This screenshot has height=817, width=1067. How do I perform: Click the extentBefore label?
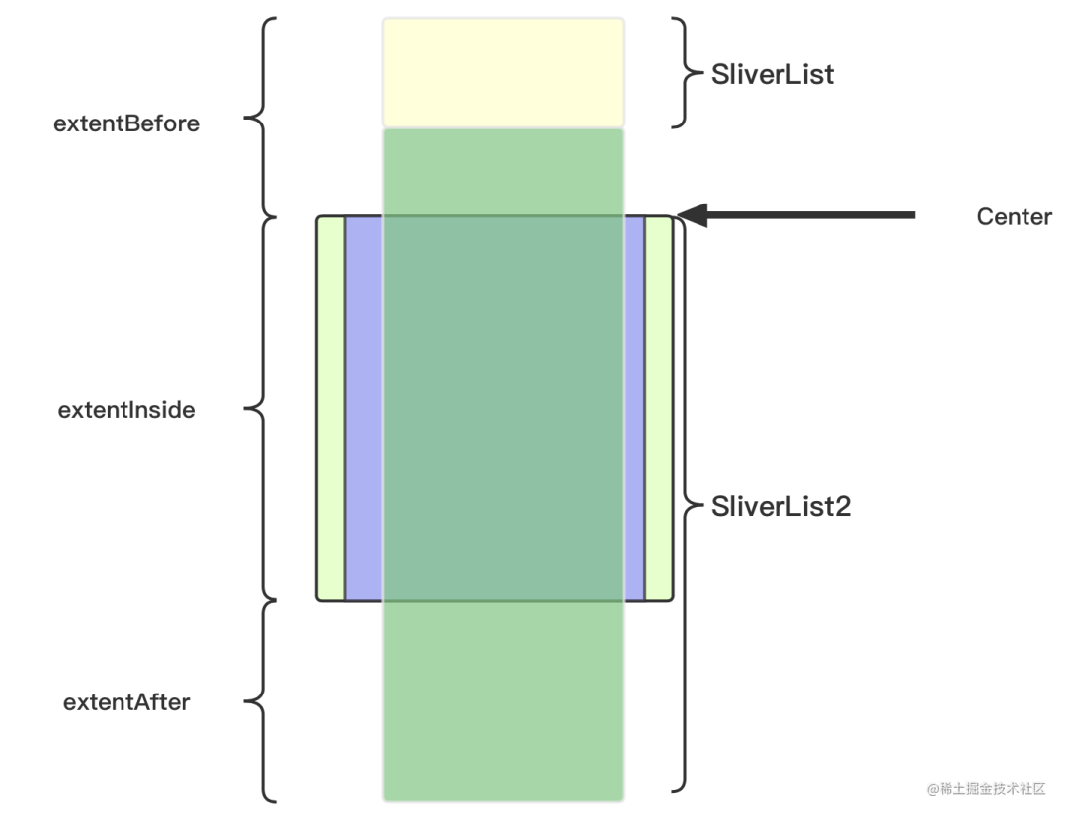(x=126, y=123)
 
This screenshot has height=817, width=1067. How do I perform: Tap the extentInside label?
(x=126, y=410)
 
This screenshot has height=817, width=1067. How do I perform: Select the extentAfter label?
(x=126, y=702)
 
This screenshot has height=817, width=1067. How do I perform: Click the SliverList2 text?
(x=780, y=506)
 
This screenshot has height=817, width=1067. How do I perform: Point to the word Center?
(x=1014, y=217)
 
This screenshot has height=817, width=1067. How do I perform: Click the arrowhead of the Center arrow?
(x=692, y=215)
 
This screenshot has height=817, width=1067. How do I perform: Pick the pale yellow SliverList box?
(x=504, y=73)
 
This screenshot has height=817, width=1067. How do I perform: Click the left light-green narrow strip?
(x=331, y=408)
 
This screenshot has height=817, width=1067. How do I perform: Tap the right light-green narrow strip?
(x=659, y=408)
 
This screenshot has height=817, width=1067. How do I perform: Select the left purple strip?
(x=364, y=408)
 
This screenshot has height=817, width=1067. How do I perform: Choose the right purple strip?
(x=634, y=408)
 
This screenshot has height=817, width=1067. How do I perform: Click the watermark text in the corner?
(x=986, y=789)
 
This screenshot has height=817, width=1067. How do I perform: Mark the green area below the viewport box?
(x=504, y=701)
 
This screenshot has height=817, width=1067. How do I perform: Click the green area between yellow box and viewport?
(x=504, y=173)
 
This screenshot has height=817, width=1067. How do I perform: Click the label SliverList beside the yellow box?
(x=773, y=75)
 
